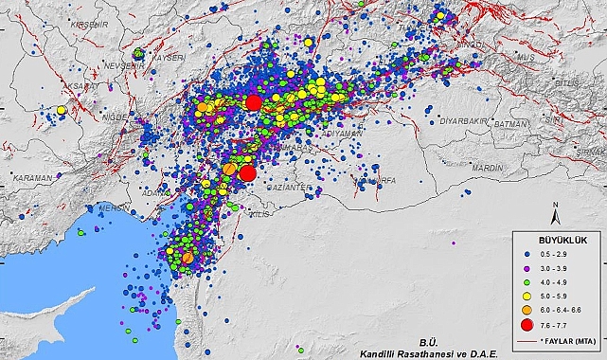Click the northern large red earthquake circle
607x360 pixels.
coord(253,102)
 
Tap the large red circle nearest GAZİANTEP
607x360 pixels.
coord(248,172)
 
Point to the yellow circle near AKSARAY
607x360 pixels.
coord(62,110)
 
